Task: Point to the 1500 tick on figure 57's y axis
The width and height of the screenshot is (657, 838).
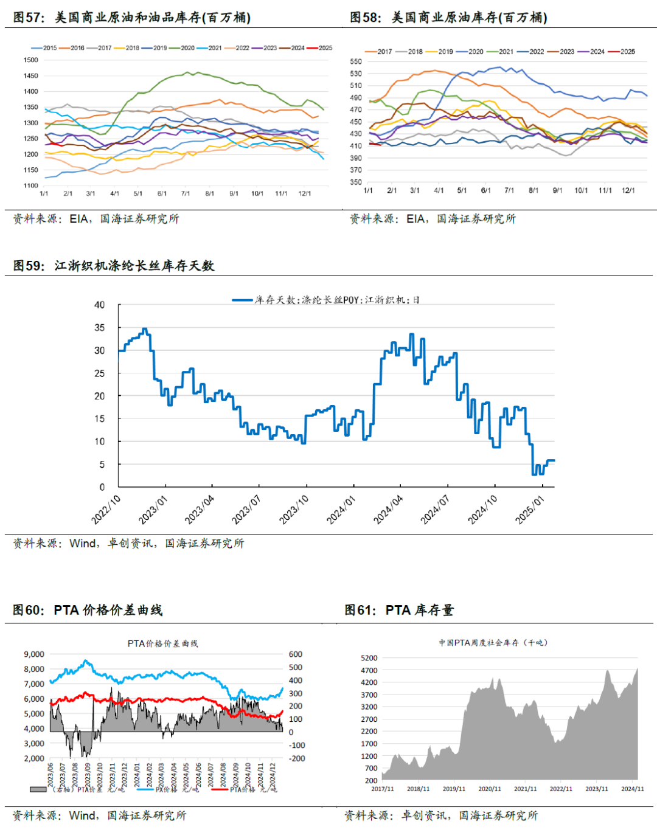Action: pos(30,60)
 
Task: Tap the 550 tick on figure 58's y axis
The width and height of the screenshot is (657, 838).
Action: pos(356,61)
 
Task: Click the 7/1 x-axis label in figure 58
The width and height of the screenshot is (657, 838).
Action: pos(509,190)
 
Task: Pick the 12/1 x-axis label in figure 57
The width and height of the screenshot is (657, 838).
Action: pos(305,193)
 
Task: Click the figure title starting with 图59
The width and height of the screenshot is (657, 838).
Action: pos(114,266)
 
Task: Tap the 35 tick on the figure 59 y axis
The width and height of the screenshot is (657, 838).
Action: pos(99,328)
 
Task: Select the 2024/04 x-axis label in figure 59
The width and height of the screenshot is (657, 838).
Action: pos(388,510)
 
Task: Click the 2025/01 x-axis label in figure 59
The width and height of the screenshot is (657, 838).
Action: pos(530,510)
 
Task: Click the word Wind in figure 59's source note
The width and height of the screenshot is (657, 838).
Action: pos(83,543)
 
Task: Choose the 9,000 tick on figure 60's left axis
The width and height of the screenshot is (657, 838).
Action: pos(34,654)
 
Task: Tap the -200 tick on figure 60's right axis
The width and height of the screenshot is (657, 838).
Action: pos(297,758)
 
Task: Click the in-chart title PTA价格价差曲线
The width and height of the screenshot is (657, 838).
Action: pos(162,643)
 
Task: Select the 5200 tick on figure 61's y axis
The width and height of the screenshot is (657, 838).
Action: pos(369,658)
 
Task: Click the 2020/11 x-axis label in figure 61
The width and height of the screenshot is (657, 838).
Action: pos(490,789)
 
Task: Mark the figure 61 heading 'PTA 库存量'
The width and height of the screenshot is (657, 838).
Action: pos(419,610)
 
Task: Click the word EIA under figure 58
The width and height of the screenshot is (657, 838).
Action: pos(416,218)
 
